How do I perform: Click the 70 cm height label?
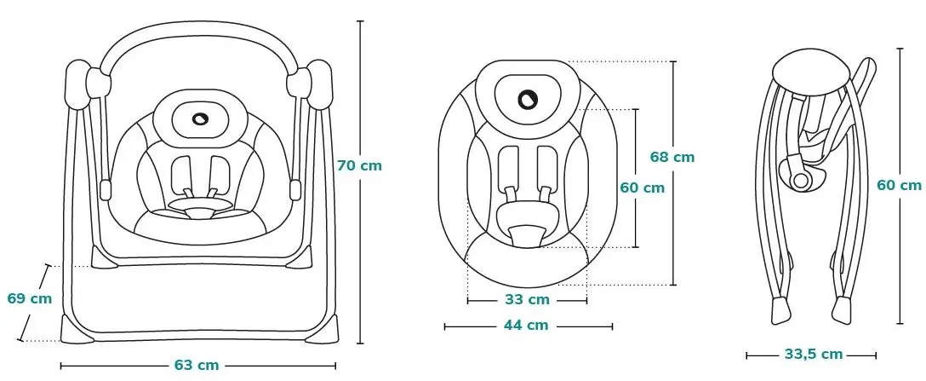coord(359,166)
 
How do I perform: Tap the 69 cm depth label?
coord(30,299)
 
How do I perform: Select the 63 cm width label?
coord(197,365)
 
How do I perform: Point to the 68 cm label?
coord(672,157)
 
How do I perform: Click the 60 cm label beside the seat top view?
coord(642,188)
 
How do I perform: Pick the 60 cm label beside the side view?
coord(899,185)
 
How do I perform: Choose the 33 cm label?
coord(527,300)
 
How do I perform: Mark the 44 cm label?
coord(526,326)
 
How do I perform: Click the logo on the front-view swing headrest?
coord(200,118)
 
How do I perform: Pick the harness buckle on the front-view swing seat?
coord(200,211)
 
